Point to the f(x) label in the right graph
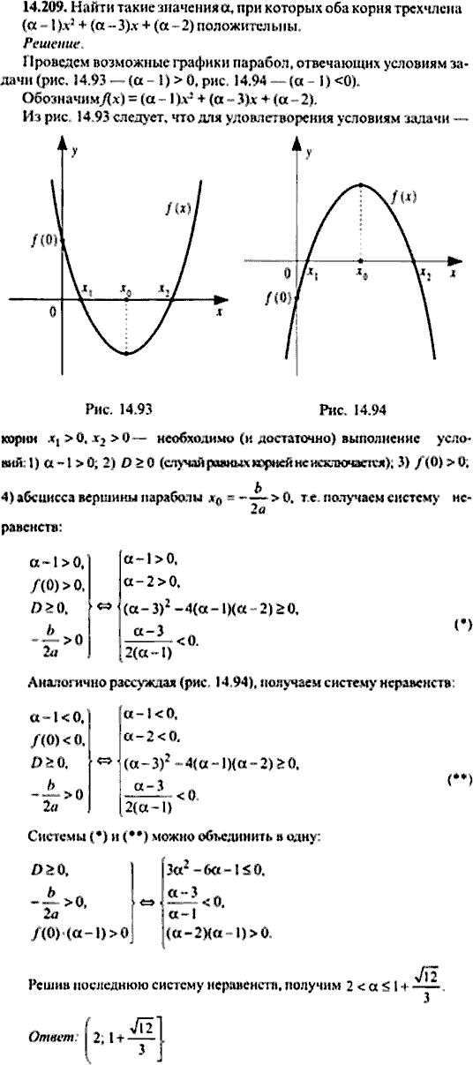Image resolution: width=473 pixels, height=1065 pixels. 408,199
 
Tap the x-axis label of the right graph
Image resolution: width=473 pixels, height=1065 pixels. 451,274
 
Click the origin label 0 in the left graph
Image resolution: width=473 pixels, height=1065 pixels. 52,311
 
